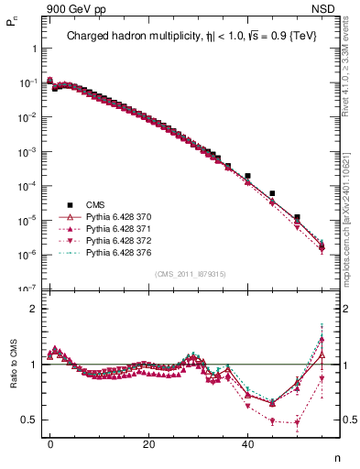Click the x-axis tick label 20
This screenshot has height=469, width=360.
(148, 444)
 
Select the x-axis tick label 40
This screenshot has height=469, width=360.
(247, 444)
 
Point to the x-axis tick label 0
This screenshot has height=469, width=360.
(50, 444)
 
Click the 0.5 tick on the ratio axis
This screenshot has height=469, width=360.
(28, 420)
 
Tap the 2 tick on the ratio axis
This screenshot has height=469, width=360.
(33, 309)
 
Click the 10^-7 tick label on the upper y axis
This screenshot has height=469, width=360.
(25, 289)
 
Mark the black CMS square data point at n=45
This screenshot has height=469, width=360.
(272, 194)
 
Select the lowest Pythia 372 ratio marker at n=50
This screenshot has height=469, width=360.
(297, 423)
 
